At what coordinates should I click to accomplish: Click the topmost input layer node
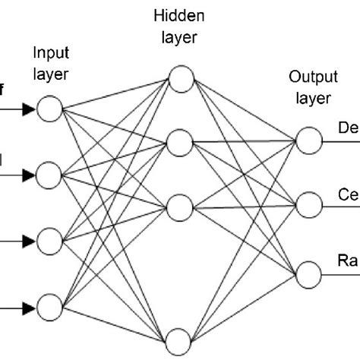coord(49,110)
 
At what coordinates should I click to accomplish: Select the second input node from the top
coord(49,175)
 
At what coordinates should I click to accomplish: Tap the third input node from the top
coord(49,242)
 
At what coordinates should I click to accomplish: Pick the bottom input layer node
coord(49,308)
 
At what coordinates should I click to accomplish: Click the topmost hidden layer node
coord(181,78)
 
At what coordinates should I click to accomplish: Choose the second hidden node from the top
coord(181,142)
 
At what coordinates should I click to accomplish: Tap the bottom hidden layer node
coord(181,339)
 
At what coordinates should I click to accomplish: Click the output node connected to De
coord(308,141)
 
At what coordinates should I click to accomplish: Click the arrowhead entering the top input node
coord(29,110)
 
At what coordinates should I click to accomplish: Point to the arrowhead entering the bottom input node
coord(29,308)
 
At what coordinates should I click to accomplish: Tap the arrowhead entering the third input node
coord(29,242)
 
